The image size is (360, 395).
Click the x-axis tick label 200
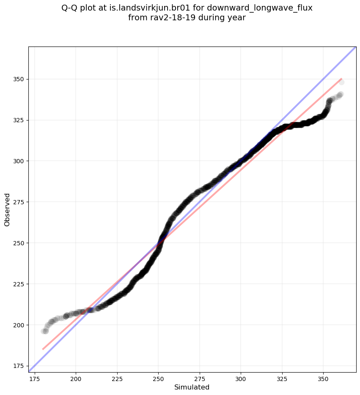(76, 379)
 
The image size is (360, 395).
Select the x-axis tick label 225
(117, 379)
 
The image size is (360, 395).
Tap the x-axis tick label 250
(158, 379)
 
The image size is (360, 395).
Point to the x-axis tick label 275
(200, 379)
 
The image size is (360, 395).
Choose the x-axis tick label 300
(241, 379)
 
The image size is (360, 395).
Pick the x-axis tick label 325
(282, 379)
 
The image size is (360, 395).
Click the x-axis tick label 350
(323, 379)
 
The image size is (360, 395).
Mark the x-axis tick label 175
(35, 379)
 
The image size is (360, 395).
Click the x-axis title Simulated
(192, 387)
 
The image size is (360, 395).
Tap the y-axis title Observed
(7, 210)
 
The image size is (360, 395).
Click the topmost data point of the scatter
(341, 82)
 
